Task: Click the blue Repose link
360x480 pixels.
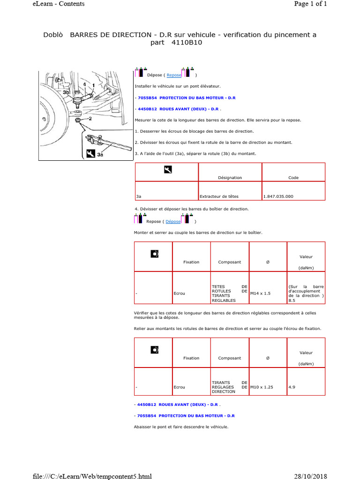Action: tap(174, 75)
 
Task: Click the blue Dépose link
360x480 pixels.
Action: tap(173, 221)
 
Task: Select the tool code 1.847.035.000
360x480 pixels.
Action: tap(278, 196)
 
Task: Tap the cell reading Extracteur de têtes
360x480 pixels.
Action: tap(219, 196)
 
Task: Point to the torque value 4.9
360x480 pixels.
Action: tap(292, 387)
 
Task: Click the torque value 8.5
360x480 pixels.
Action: tap(292, 300)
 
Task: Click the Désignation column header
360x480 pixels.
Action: tap(230, 178)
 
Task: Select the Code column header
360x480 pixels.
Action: tap(293, 178)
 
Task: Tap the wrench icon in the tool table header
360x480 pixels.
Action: tap(168, 170)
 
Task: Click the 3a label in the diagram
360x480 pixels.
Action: tap(100, 155)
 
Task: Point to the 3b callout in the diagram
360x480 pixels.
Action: tap(66, 92)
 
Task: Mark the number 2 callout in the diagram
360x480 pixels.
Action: tap(90, 119)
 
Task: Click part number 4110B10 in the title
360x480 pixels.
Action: tap(187, 43)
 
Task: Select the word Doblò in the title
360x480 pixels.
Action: tap(53, 35)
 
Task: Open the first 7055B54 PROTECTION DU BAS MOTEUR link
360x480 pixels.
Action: tap(187, 98)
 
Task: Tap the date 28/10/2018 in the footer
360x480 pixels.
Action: tap(310, 476)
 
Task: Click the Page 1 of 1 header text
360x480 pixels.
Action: tap(310, 4)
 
